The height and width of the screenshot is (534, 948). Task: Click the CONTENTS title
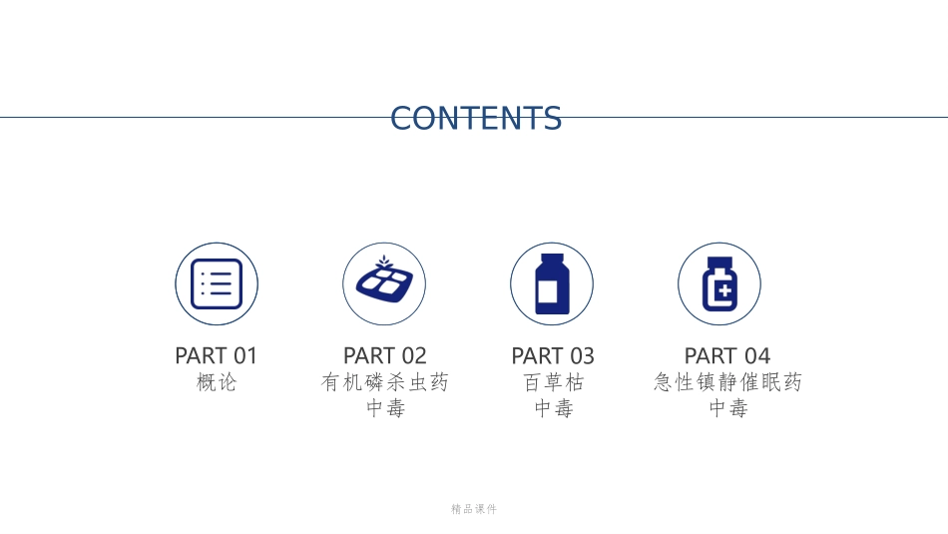(476, 118)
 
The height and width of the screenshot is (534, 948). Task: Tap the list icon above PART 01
(217, 283)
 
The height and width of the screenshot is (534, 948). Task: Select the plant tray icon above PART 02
(384, 283)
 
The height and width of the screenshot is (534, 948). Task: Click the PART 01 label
(217, 355)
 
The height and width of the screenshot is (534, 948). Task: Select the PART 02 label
(385, 355)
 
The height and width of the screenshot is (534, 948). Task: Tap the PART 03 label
(553, 355)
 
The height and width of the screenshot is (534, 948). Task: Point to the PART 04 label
(727, 355)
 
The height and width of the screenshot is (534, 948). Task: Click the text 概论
(217, 382)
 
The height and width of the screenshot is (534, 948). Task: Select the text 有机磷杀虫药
(385, 382)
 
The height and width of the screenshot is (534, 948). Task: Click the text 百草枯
(553, 382)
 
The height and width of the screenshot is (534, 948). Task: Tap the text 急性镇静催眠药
(727, 382)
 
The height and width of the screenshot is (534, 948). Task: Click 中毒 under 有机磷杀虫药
(385, 408)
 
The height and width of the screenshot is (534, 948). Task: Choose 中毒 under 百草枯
(553, 408)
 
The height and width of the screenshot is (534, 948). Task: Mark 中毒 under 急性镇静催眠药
(727, 408)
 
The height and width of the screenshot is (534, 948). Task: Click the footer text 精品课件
(474, 509)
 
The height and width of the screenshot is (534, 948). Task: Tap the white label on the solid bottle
(547, 292)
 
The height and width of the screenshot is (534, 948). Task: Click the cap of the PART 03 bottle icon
(552, 258)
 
